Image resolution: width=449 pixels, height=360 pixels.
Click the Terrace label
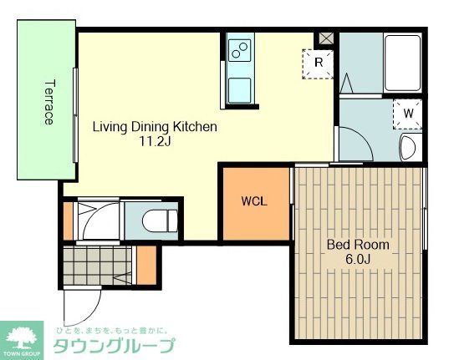tap(48, 102)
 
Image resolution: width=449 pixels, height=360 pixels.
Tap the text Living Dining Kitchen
tap(155, 127)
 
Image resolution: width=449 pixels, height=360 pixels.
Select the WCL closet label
tap(254, 202)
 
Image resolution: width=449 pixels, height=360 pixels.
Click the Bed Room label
tap(358, 245)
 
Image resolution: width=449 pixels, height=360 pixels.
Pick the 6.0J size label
tap(358, 259)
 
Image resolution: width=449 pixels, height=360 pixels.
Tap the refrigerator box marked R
tap(319, 62)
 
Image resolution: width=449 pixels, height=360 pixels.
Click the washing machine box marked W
tap(408, 112)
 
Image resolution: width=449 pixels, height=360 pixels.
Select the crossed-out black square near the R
tap(324, 39)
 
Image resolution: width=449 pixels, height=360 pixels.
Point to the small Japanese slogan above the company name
tap(112, 329)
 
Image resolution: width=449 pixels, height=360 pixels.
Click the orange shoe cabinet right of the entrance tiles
tap(145, 266)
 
